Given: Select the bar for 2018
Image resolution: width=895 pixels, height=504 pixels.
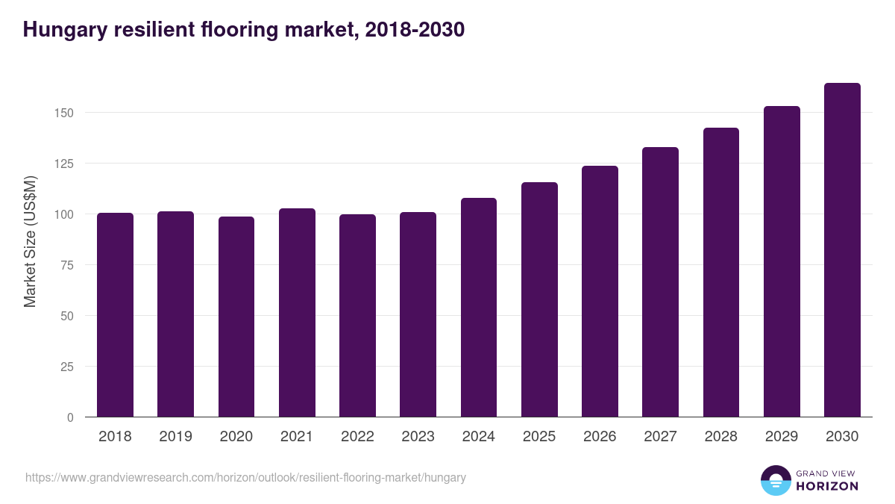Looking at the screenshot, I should [115, 315].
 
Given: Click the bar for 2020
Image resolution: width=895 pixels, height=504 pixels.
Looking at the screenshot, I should [236, 317].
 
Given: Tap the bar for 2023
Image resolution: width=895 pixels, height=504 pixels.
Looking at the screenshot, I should [418, 315].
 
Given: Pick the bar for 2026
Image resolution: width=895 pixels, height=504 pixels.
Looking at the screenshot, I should [600, 291].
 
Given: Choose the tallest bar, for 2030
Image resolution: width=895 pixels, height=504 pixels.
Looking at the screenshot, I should [842, 250].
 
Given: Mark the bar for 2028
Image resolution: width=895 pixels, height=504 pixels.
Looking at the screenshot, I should [721, 273].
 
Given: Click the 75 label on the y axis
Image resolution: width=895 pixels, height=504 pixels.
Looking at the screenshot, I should [69, 265].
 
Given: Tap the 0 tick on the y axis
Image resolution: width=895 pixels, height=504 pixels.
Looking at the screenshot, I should [71, 417].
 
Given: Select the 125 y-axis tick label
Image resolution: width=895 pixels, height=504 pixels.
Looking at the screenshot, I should [66, 164].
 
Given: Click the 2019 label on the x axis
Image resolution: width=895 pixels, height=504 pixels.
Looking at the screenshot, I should [175, 437].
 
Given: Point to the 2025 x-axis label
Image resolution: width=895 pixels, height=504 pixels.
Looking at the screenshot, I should [539, 437].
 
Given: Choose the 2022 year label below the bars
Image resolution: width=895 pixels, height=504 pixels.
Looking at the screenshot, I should [357, 437].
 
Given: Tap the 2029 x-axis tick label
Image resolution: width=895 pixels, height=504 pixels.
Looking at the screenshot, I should [782, 437].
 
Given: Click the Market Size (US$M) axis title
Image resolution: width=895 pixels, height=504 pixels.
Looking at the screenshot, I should [30, 241].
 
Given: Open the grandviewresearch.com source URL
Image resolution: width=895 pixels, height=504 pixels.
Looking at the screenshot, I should [245, 477].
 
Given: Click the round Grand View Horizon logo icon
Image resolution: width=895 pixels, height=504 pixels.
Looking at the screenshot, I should [776, 480].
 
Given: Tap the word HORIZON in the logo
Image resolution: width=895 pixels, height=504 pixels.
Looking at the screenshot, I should [827, 486].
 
